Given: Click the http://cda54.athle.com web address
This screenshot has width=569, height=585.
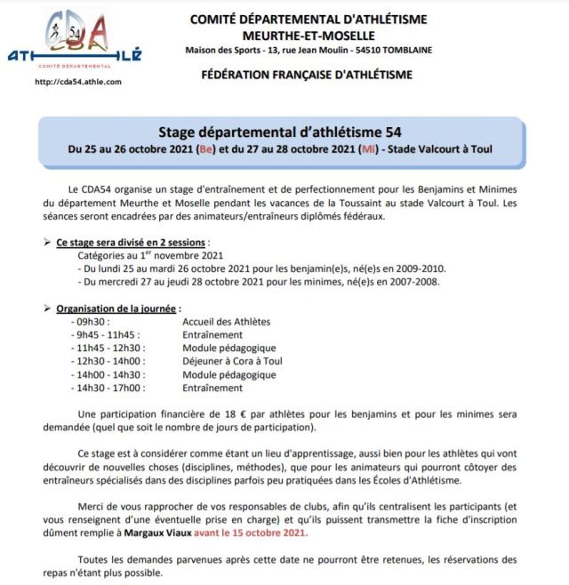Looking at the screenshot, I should (x=77, y=82).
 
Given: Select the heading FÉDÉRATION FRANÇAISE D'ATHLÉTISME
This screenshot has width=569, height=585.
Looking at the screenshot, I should (x=308, y=75).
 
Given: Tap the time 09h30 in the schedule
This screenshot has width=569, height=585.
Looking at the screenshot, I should (x=93, y=321).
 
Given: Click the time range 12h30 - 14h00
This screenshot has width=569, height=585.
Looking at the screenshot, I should (x=110, y=361).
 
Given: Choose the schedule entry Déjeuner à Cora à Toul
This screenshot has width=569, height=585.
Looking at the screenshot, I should (x=232, y=361).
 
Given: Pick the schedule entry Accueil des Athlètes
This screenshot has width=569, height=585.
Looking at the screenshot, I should (x=226, y=321).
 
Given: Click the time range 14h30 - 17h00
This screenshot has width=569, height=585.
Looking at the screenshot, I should (x=110, y=388).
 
